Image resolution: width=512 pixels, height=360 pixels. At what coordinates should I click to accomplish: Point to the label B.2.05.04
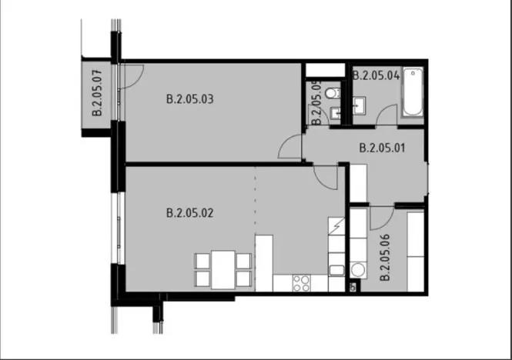coord(376,75)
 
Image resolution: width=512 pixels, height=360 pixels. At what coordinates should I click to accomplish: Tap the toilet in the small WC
coord(331,93)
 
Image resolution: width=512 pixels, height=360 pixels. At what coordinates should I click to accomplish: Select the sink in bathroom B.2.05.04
coord(360,104)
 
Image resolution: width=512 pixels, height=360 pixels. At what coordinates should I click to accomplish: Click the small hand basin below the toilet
coord(335,114)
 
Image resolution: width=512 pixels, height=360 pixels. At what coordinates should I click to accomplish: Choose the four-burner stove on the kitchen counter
coord(301,282)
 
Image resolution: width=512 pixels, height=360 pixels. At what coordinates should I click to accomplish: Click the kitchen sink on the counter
coord(336,271)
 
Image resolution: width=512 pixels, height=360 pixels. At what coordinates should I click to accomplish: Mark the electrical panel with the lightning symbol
coord(337,228)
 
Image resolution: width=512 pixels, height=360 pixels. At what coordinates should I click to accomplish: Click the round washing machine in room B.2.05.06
coord(357,270)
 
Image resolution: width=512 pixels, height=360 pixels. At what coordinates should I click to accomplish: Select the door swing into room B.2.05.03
coord(291,145)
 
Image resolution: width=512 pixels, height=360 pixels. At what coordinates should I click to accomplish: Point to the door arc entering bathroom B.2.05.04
coord(387,115)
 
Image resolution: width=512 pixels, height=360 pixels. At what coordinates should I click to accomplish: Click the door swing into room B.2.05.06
coord(381,218)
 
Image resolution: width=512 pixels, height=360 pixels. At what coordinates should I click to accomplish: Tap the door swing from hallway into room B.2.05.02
coord(326,178)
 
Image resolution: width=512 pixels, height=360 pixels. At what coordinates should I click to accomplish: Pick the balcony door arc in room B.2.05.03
coord(132,75)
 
